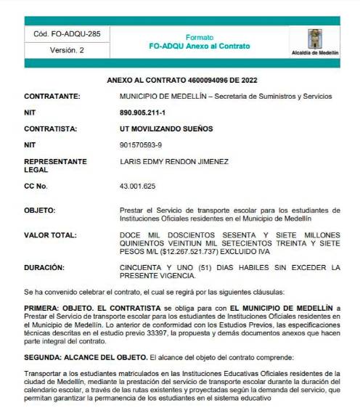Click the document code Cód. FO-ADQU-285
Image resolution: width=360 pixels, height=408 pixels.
(x=67, y=34)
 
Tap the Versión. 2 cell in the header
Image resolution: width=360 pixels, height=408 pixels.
(x=67, y=50)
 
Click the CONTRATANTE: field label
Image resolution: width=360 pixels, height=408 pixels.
(x=52, y=96)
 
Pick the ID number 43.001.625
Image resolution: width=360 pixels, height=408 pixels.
(x=137, y=187)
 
